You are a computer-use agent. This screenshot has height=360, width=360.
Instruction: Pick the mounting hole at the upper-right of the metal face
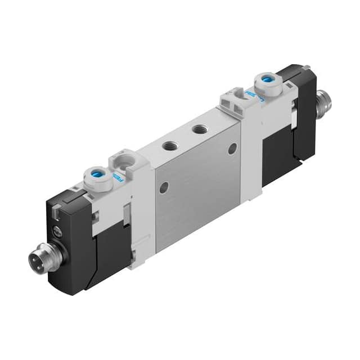[x=232, y=149]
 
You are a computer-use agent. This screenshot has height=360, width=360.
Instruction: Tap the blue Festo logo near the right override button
[x=250, y=96]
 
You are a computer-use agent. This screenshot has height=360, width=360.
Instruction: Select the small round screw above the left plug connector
[x=57, y=231]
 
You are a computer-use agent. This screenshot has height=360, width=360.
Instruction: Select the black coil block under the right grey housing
[x=277, y=152]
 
